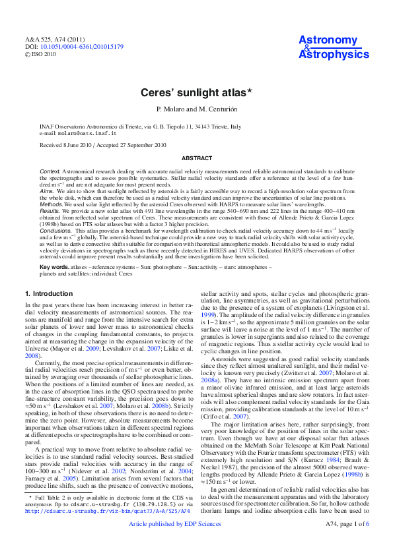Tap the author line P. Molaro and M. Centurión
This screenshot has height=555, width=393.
pyautogui.click(x=196, y=108)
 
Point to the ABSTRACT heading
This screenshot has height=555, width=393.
pyautogui.click(x=196, y=158)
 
